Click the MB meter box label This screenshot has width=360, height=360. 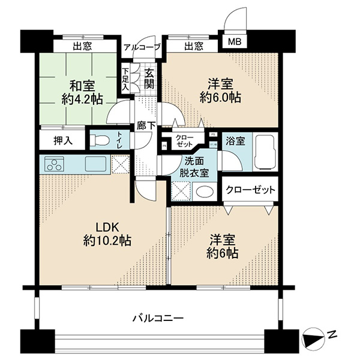pyautogui.click(x=235, y=42)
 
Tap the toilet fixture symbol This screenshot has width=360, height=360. pyautogui.click(x=99, y=140)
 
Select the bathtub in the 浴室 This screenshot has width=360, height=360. pyautogui.click(x=265, y=152)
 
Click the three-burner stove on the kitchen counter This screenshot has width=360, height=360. pyautogui.click(x=55, y=164)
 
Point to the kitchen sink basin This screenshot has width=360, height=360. pyautogui.click(x=96, y=164)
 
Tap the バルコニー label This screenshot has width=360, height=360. pyautogui.click(x=158, y=319)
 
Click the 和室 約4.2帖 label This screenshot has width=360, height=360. pyautogui.click(x=82, y=93)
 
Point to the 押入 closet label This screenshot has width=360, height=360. pyautogui.click(x=63, y=140)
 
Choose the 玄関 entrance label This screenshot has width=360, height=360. pyautogui.click(x=149, y=79)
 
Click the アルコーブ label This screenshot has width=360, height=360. pyautogui.click(x=142, y=47)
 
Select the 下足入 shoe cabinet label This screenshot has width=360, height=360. pyautogui.click(x=125, y=79)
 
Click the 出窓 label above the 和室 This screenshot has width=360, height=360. pyautogui.click(x=82, y=46)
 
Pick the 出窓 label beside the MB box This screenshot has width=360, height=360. pyautogui.click(x=194, y=46)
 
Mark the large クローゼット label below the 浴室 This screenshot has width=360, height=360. pyautogui.click(x=250, y=190)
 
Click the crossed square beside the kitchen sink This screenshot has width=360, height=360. pyautogui.click(x=121, y=164)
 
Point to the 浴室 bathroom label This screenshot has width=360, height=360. pyautogui.click(x=235, y=141)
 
